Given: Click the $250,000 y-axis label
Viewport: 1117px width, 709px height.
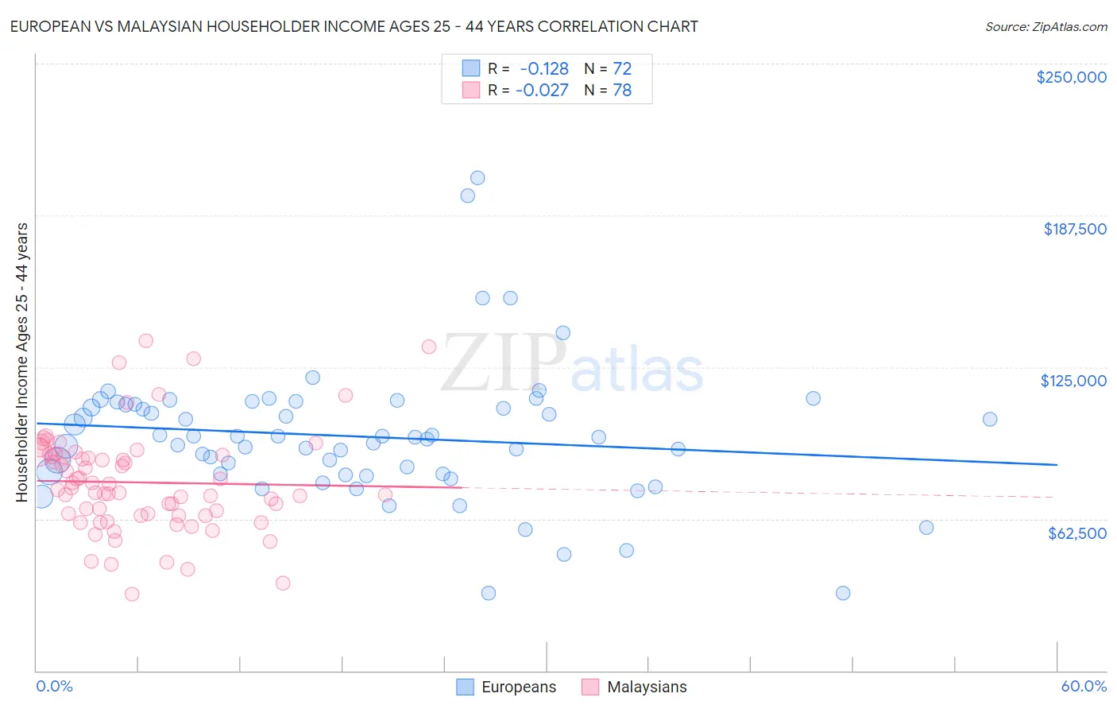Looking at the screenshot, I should (1071, 77).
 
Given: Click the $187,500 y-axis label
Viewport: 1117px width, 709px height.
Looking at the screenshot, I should (1074, 229).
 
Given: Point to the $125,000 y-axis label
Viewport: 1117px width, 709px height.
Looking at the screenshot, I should (1073, 381).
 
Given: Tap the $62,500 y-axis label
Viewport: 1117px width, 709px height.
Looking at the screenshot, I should (1076, 533).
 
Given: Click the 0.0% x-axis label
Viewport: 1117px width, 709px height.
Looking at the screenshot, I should (54, 686).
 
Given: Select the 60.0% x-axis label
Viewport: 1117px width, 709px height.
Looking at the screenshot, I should (1084, 686).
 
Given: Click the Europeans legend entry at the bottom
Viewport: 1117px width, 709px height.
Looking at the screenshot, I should (518, 688).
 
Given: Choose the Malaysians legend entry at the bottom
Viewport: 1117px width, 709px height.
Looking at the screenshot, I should (646, 688).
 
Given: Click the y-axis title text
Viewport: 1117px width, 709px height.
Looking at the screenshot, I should (21, 362).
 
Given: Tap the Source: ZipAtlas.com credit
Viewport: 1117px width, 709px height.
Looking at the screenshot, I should (1045, 26).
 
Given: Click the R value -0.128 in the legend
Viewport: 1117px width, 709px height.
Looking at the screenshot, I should (544, 68).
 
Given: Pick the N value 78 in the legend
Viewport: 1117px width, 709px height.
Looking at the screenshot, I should (622, 91).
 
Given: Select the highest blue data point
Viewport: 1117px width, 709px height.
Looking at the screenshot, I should (477, 178).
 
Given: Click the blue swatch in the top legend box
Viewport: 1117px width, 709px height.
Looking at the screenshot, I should (471, 68).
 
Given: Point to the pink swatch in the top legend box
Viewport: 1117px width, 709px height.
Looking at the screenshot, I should (471, 91).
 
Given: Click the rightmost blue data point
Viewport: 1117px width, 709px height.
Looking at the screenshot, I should (990, 419).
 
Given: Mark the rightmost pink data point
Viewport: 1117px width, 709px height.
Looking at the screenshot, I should (429, 347).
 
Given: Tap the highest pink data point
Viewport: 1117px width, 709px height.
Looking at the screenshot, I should (145, 340).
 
